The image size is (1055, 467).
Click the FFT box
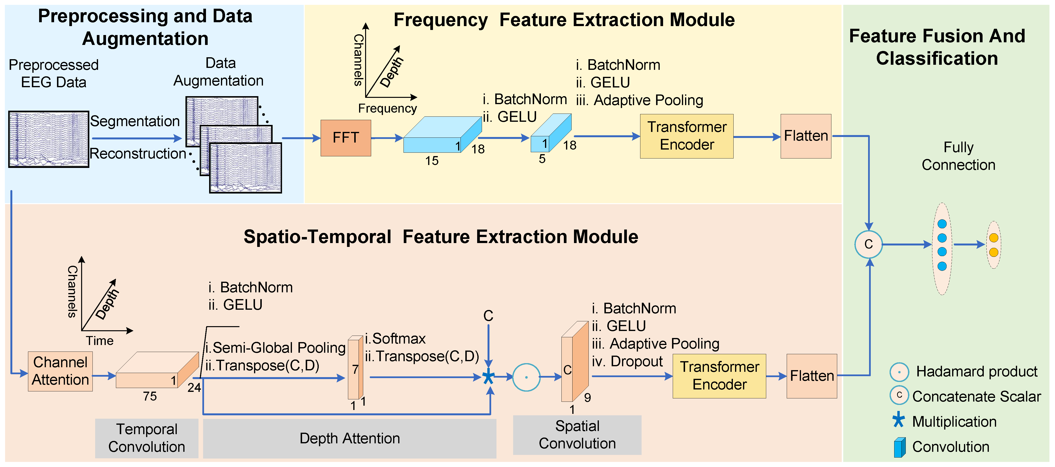coord(345,138)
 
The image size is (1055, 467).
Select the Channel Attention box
coord(60,371)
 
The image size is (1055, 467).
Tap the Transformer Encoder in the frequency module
coord(687,136)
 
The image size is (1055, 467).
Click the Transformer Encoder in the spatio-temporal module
coord(719,376)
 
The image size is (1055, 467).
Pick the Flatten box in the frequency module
coord(806,136)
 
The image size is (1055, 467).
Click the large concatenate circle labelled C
coord(868,244)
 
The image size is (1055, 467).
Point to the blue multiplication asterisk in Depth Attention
coord(488,376)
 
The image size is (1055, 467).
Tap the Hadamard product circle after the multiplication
coord(526,377)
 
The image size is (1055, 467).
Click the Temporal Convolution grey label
coord(147,438)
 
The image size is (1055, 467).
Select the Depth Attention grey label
coord(349,438)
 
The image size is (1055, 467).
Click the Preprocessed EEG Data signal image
coord(49,139)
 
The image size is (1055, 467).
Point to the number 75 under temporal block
coord(150,396)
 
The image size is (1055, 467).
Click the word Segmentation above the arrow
coord(135,121)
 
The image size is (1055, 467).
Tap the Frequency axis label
coord(387,108)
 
